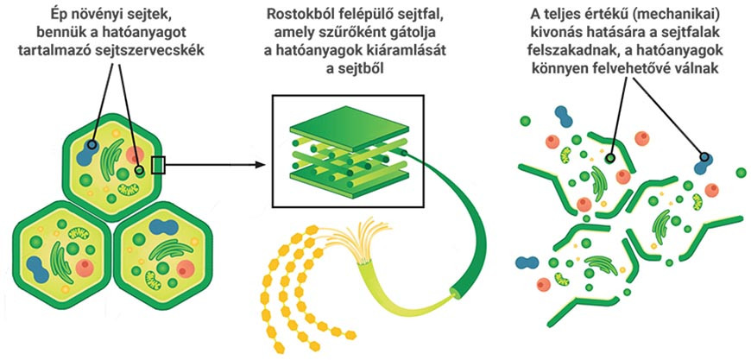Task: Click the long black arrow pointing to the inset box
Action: pos(216,161)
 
